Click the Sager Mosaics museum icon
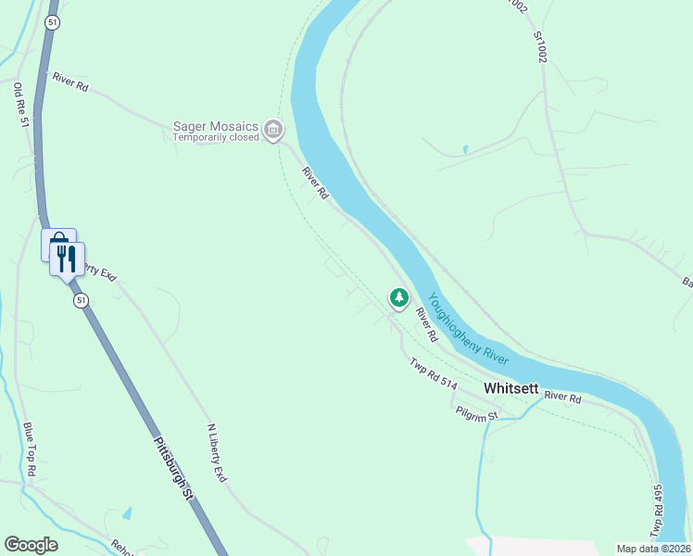click(273, 129)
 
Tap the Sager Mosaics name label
click(217, 126)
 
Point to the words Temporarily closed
click(216, 138)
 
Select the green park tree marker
click(398, 298)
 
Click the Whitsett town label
click(510, 388)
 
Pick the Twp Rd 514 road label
click(435, 373)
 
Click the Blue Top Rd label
click(30, 450)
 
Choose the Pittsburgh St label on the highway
click(173, 468)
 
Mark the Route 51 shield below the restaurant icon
click(82, 300)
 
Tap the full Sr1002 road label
click(540, 46)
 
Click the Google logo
click(31, 545)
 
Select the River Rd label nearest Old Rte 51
click(70, 82)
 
